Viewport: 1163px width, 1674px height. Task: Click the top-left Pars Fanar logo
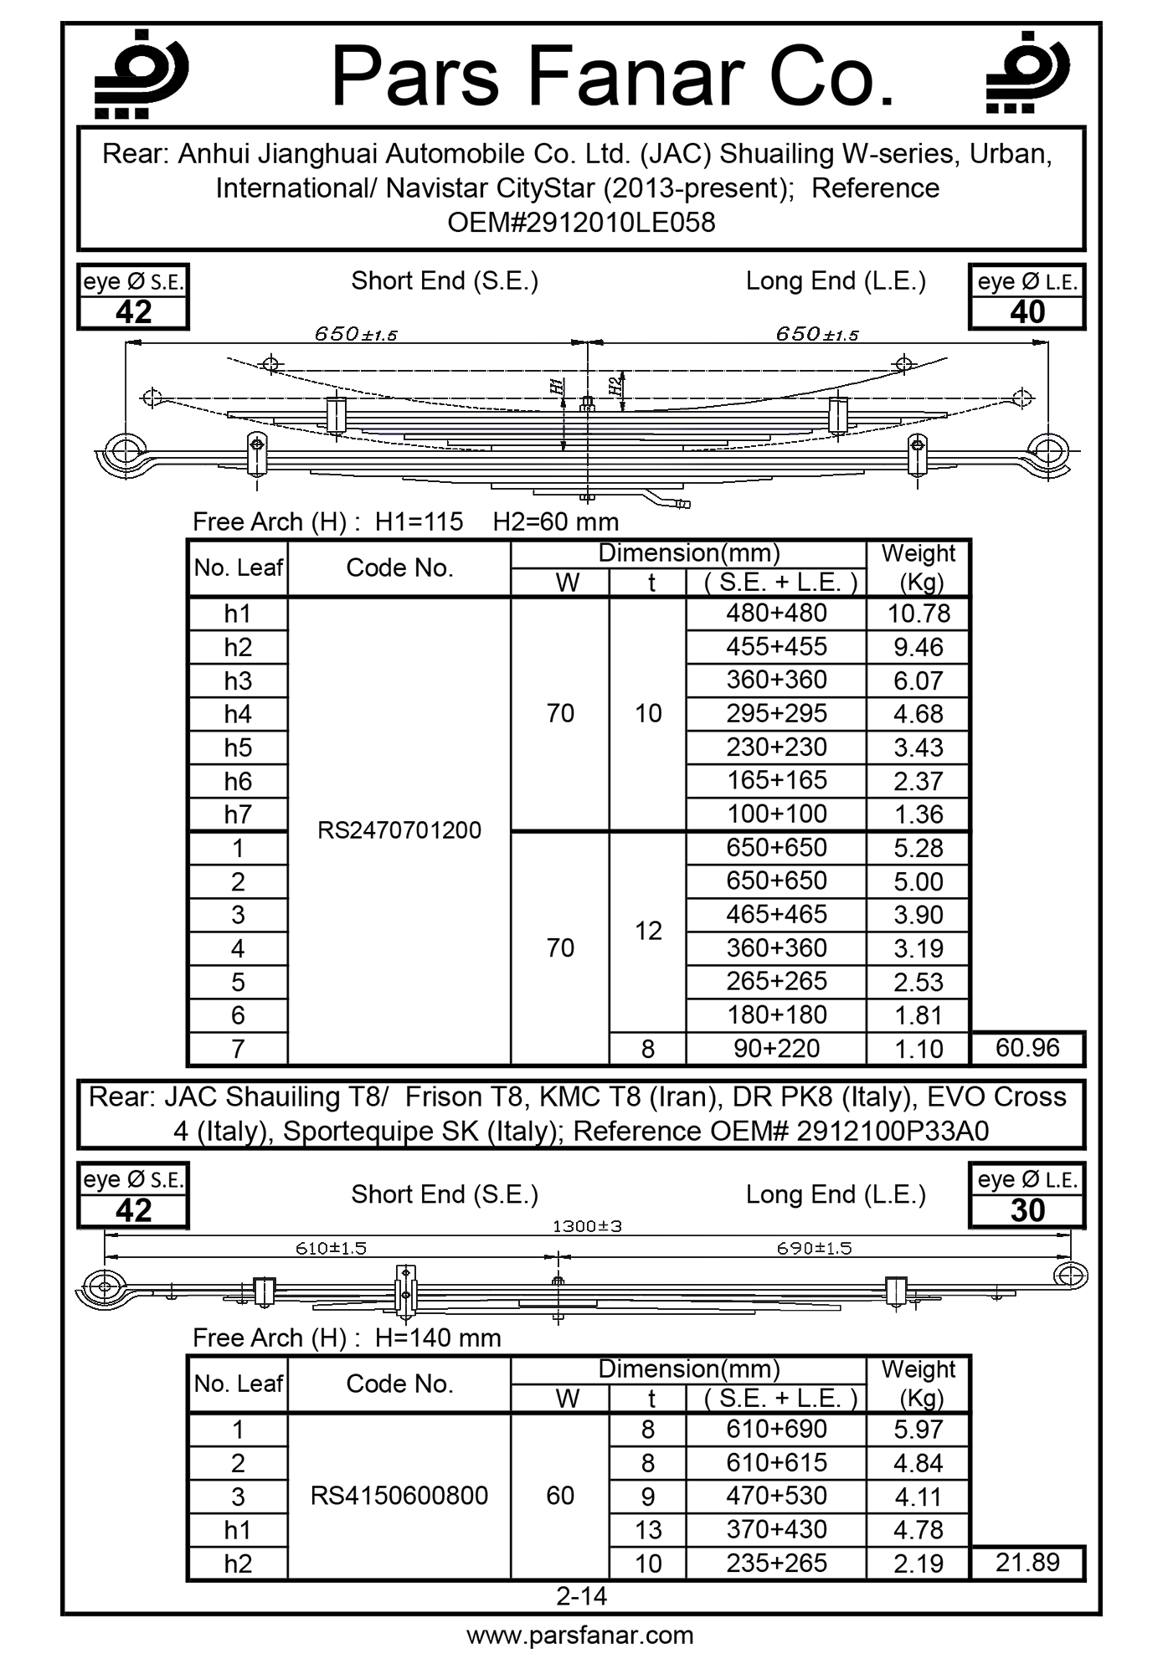[140, 74]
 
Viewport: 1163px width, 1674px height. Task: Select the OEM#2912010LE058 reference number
[581, 223]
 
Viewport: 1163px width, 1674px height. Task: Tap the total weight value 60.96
[1027, 1048]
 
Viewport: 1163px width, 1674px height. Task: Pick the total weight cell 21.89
[1027, 1563]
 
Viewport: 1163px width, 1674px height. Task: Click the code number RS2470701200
[399, 830]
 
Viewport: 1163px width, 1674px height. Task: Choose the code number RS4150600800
[399, 1496]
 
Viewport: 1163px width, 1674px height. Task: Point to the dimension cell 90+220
[776, 1049]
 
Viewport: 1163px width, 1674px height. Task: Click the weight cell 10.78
[919, 614]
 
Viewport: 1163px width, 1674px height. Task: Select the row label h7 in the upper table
[238, 814]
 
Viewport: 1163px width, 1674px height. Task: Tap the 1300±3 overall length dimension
[587, 1226]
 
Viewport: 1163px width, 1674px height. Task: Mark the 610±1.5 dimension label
[331, 1248]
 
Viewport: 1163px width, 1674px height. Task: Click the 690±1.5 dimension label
[814, 1248]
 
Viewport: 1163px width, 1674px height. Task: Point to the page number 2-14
[582, 1596]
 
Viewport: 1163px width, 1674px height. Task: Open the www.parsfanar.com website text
[580, 1635]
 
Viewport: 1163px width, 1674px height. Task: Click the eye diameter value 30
[1027, 1210]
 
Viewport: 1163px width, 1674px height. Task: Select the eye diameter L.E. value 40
[1027, 312]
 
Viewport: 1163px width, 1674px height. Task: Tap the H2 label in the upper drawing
[615, 386]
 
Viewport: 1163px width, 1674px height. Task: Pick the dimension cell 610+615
[776, 1462]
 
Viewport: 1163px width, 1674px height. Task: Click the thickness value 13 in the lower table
[648, 1530]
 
